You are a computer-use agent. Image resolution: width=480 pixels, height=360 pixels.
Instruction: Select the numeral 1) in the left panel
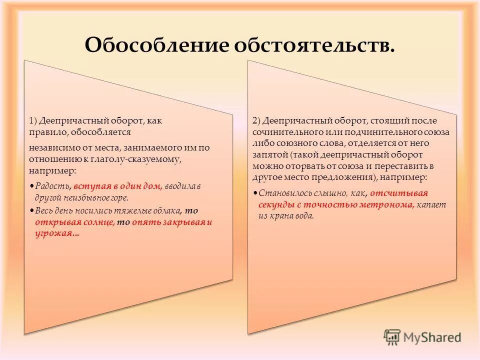(x=33, y=121)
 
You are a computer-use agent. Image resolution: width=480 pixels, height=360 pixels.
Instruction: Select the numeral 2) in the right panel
(x=257, y=121)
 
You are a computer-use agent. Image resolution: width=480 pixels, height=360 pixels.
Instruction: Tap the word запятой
(x=270, y=155)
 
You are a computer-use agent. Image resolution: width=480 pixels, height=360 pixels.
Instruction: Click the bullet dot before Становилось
(x=255, y=193)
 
